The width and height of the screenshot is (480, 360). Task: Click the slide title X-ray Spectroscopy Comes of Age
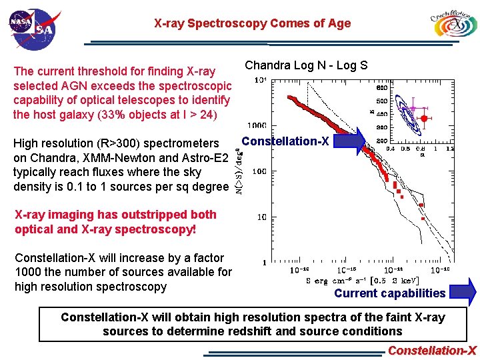click(x=252, y=23)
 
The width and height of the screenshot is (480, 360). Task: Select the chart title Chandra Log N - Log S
click(x=306, y=65)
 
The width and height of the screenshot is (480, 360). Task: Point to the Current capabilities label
click(x=389, y=293)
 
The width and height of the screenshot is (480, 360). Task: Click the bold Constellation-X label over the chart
click(x=285, y=141)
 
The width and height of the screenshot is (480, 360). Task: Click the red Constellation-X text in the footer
click(x=432, y=351)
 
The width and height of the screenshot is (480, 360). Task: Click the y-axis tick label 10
click(x=261, y=217)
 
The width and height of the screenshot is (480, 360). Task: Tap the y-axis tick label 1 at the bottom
click(x=265, y=263)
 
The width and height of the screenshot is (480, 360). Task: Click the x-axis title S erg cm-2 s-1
click(x=353, y=281)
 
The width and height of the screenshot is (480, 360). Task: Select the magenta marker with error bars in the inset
click(x=413, y=107)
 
